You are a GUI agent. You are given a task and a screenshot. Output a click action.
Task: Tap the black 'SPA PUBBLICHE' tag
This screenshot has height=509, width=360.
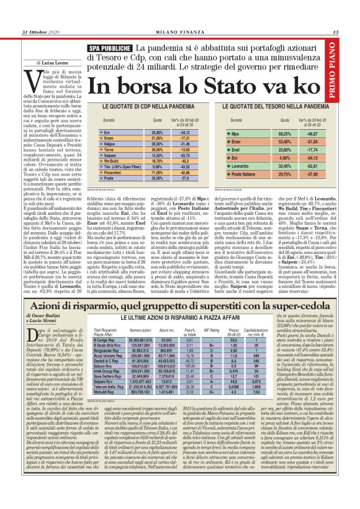(x=109, y=48)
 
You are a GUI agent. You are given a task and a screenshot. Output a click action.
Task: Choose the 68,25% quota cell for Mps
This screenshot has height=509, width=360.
(x=285, y=133)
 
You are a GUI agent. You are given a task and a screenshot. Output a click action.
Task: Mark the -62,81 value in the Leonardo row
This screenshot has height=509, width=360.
(x=322, y=166)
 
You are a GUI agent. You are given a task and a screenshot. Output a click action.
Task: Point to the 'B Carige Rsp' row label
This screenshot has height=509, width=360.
(x=104, y=340)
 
